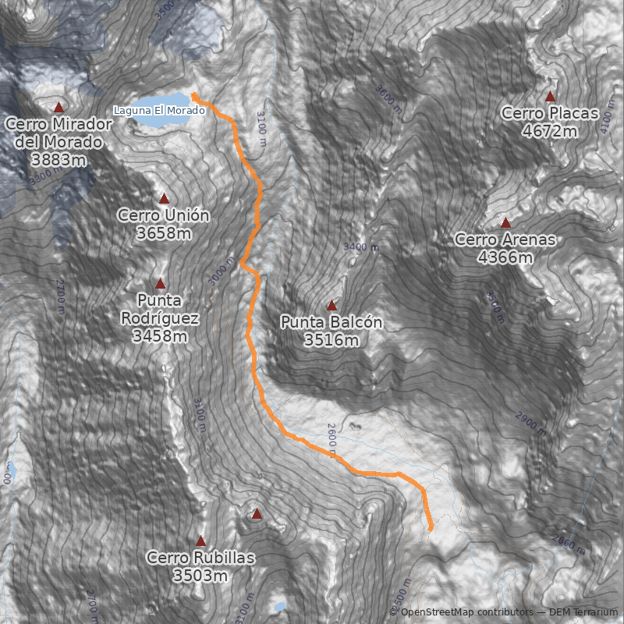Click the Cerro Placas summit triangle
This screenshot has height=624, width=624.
click(550, 97)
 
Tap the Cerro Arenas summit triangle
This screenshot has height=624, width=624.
click(505, 223)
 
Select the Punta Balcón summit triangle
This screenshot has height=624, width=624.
click(331, 306)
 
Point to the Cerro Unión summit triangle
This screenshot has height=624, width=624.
click(164, 199)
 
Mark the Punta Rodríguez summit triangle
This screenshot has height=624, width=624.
click(161, 284)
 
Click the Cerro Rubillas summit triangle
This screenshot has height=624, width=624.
click(200, 541)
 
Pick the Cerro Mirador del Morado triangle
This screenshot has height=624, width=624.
click(58, 107)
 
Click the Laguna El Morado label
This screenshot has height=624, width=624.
click(159, 110)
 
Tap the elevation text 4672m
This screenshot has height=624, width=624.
click(550, 131)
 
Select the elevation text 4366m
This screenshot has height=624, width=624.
click(505, 257)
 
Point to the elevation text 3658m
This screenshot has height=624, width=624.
click(164, 232)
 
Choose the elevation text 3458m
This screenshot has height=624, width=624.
click(160, 336)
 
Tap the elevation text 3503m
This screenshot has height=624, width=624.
click(200, 576)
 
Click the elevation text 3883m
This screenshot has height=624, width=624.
click(58, 158)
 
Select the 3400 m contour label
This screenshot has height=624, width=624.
click(360, 247)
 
